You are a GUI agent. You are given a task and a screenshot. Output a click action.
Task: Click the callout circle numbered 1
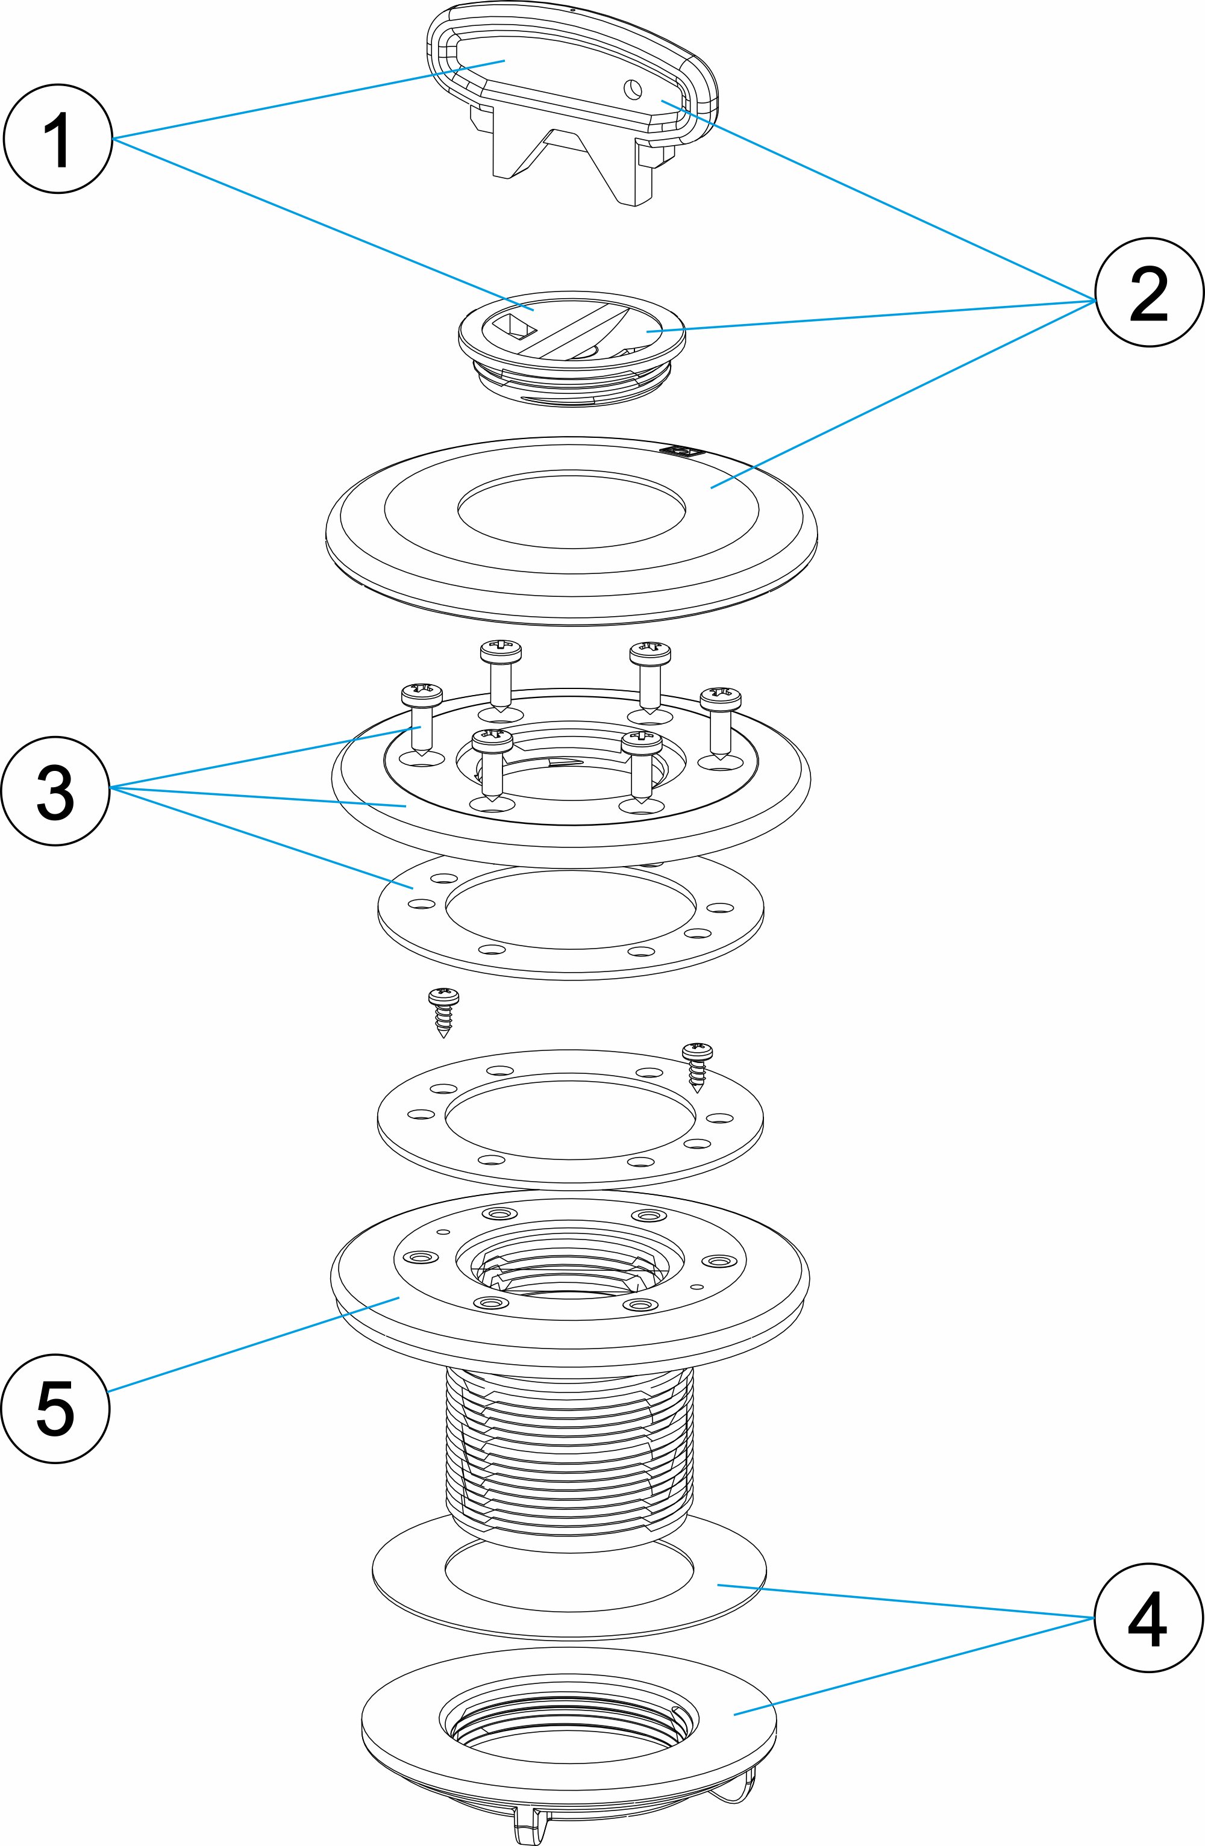[59, 140]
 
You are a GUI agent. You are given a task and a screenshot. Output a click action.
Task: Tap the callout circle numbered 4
[1148, 1618]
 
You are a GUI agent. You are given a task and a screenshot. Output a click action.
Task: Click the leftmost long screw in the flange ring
[421, 717]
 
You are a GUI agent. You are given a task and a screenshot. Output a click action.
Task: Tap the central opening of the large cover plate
[571, 512]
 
